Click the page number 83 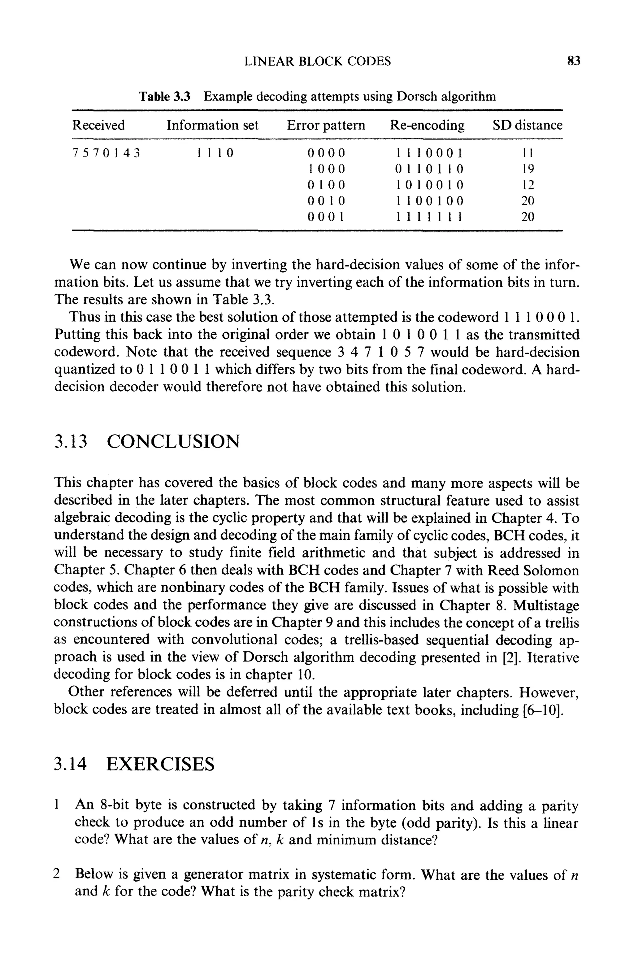pyautogui.click(x=574, y=61)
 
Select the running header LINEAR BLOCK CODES pyautogui.click(x=318, y=61)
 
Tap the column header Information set pyautogui.click(x=212, y=125)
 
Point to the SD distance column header pyautogui.click(x=527, y=125)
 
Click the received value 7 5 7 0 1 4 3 pyautogui.click(x=106, y=153)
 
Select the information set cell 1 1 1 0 pyautogui.click(x=215, y=153)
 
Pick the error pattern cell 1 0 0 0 pyautogui.click(x=326, y=169)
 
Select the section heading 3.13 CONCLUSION pyautogui.click(x=147, y=441)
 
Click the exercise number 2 pyautogui.click(x=57, y=874)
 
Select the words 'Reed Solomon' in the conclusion pyautogui.click(x=533, y=571)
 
